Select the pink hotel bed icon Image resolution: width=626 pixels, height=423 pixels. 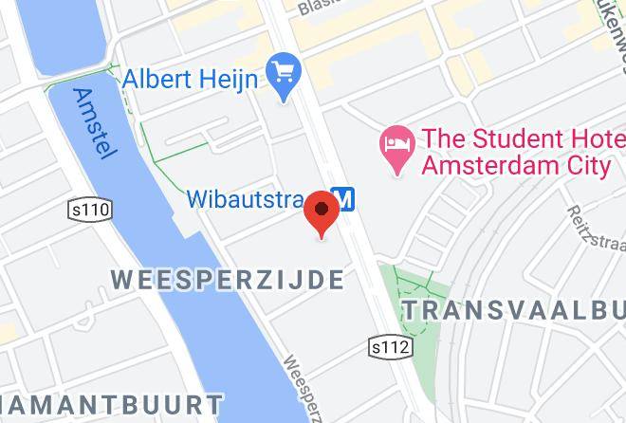pyautogui.click(x=395, y=148)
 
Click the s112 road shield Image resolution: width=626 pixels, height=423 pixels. pyautogui.click(x=390, y=348)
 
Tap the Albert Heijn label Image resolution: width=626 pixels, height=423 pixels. pyautogui.click(x=191, y=81)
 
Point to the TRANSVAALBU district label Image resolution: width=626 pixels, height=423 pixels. pyautogui.click(x=513, y=310)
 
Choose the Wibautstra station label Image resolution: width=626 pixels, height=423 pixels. pyautogui.click(x=245, y=199)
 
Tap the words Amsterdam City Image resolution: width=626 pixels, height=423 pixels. pyautogui.click(x=515, y=166)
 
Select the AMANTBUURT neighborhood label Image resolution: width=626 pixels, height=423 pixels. pyautogui.click(x=111, y=402)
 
